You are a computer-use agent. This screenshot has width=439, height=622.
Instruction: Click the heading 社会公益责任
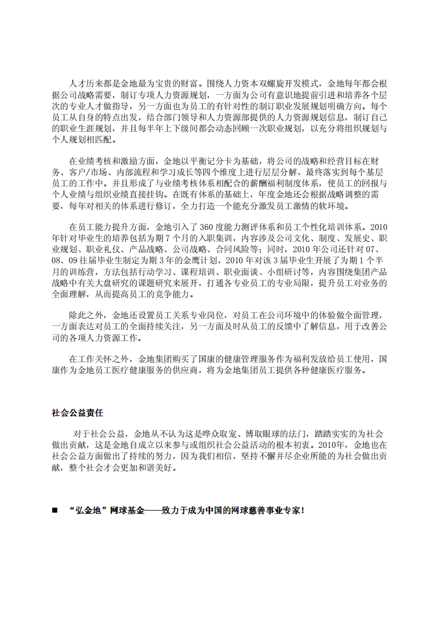pyautogui.click(x=77, y=413)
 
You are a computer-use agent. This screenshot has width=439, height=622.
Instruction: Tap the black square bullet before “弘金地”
pyautogui.click(x=54, y=510)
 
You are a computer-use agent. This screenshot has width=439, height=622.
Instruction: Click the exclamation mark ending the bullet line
pyautogui.click(x=303, y=510)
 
